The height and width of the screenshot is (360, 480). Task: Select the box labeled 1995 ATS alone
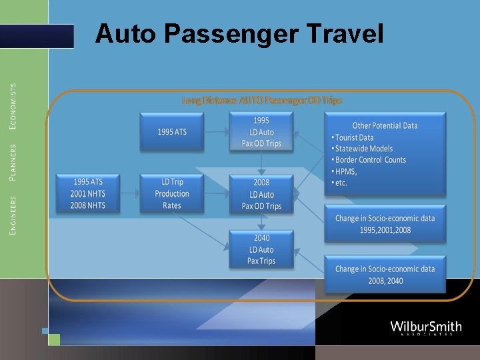click(x=172, y=131)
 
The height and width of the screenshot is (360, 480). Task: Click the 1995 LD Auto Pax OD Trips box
click(x=261, y=131)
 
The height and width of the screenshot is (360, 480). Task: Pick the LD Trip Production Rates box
click(x=172, y=193)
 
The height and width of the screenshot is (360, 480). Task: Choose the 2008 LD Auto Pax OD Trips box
click(x=261, y=194)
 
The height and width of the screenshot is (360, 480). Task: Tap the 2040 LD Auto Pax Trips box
click(x=261, y=249)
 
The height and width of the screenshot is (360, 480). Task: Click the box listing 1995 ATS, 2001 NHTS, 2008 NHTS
click(x=88, y=193)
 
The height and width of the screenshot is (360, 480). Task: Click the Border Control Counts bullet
click(x=370, y=160)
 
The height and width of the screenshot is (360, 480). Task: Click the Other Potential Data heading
click(x=385, y=125)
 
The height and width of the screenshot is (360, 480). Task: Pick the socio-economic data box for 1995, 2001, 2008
click(x=385, y=224)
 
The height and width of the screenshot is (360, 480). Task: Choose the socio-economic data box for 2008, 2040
click(x=385, y=275)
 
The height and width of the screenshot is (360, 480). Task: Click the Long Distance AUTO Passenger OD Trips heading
click(x=262, y=101)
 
